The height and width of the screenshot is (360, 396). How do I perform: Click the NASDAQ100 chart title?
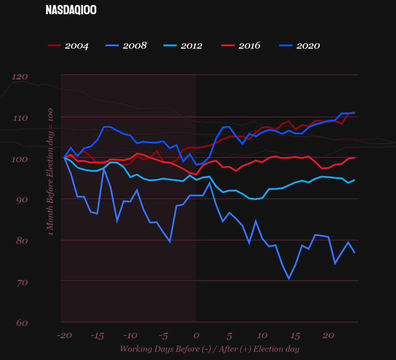71,10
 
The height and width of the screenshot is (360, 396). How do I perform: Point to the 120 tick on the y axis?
20,77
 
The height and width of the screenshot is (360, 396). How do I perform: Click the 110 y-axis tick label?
20,118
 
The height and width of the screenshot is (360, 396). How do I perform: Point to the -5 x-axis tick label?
163,336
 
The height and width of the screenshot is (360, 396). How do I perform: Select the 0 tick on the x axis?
196,336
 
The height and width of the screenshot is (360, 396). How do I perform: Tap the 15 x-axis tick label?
295,336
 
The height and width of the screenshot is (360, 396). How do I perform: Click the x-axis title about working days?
209,349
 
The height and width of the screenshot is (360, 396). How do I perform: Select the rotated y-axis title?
50,172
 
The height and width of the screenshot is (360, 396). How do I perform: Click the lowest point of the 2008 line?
289,279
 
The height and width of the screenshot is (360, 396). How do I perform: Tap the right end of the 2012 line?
354,180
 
